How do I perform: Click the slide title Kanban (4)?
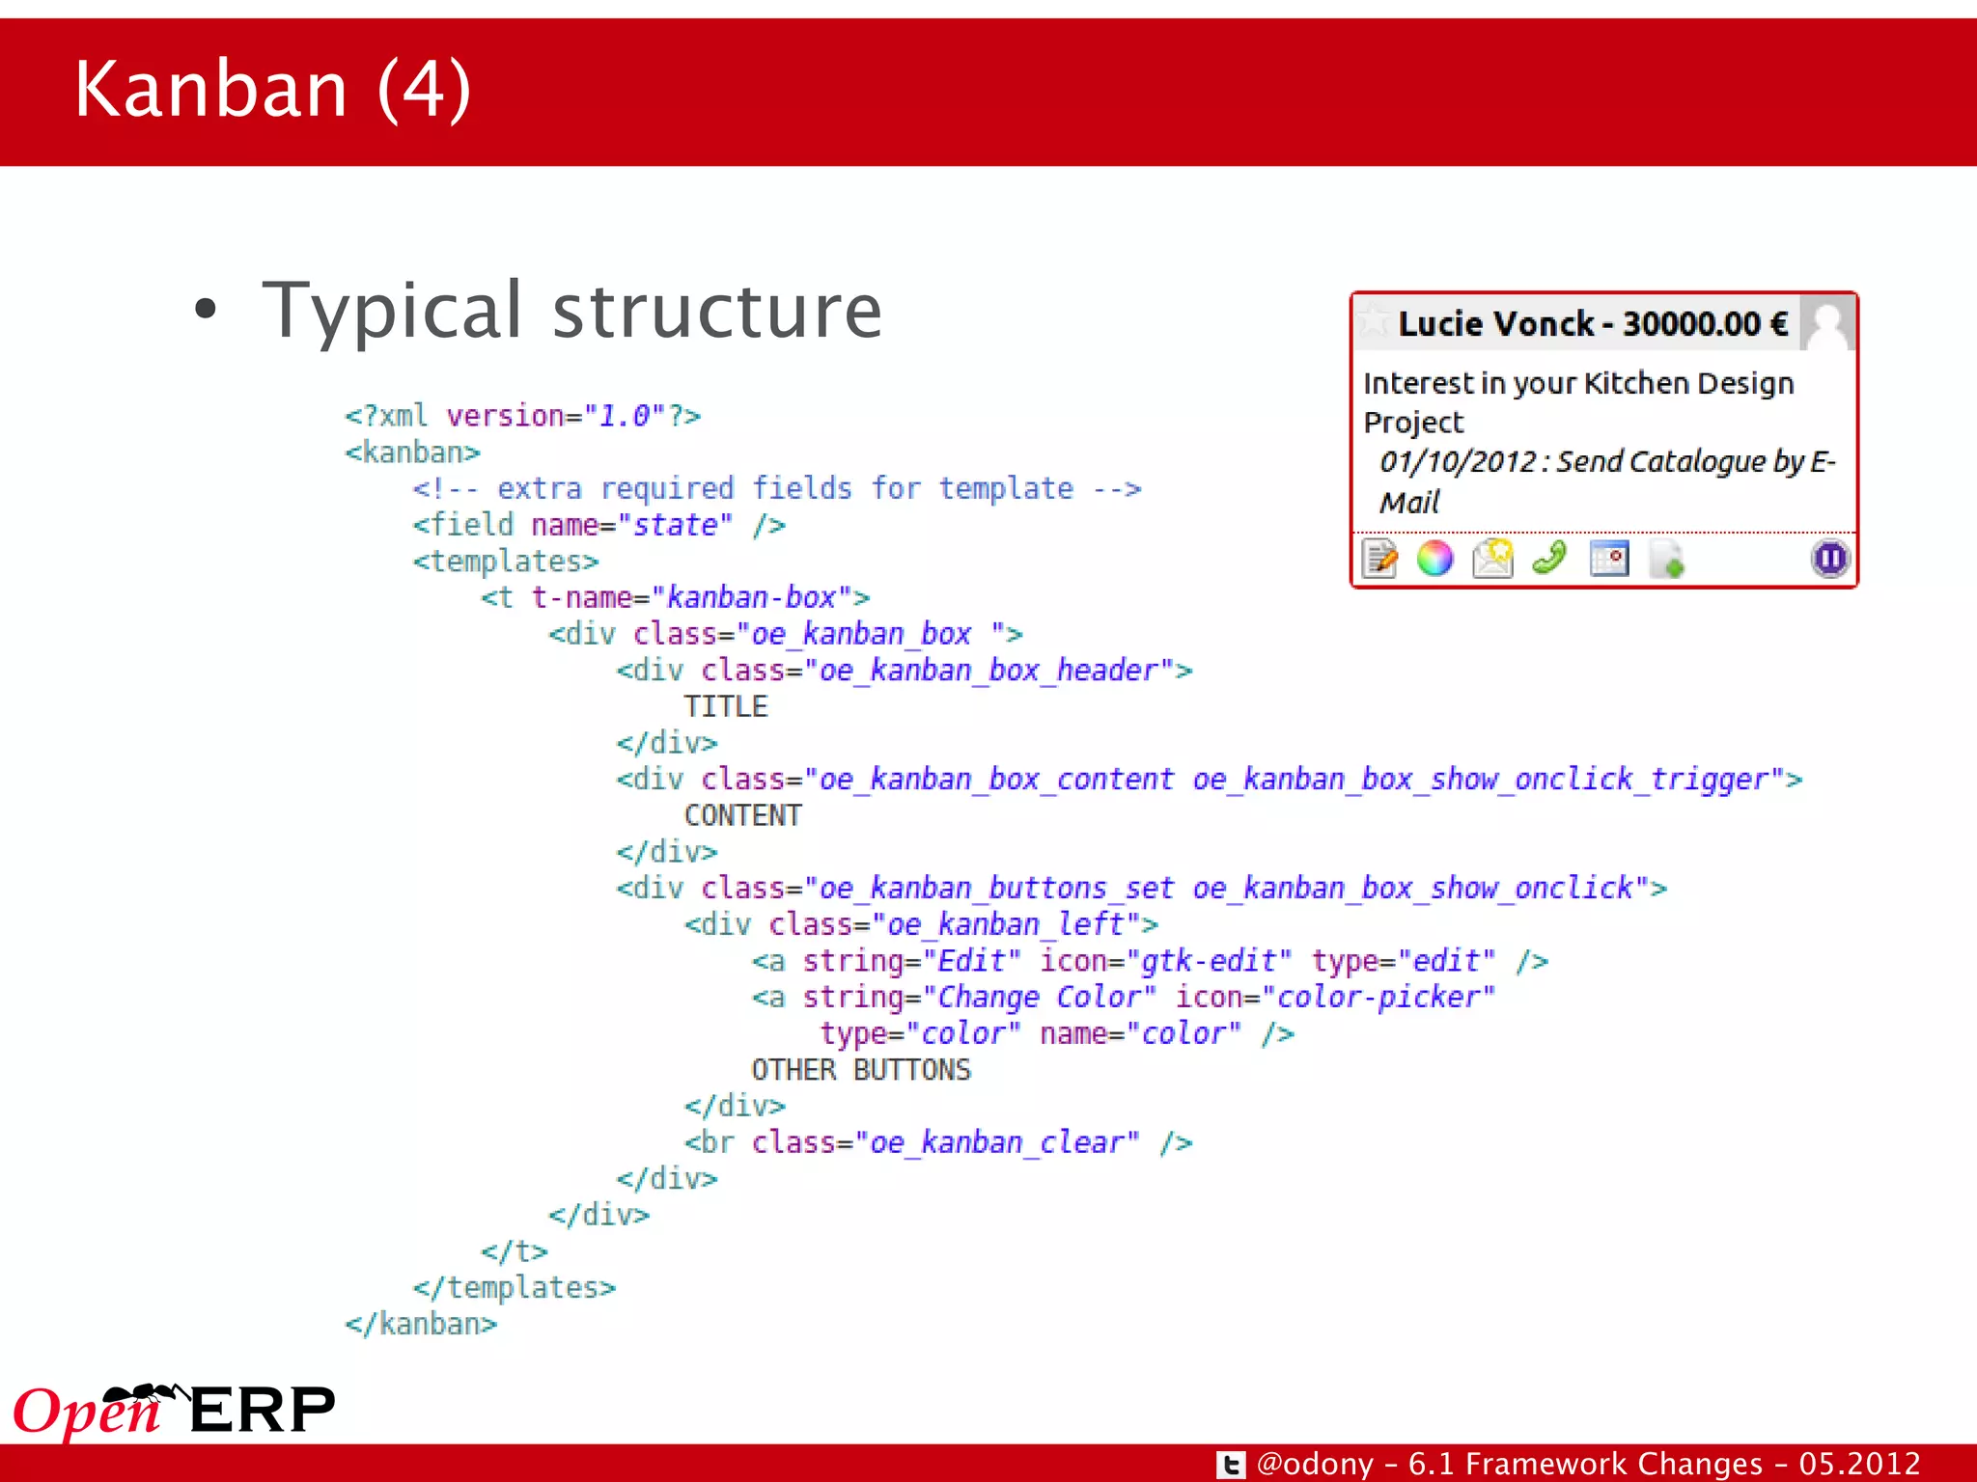272,89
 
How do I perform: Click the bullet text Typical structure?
571,311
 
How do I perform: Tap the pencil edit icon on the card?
1379,559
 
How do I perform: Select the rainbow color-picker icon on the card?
1434,559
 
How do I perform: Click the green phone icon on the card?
1549,558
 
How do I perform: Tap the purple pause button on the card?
1829,559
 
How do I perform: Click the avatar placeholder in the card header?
1828,323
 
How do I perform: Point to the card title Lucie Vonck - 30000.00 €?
1593,324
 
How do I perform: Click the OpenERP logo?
174,1411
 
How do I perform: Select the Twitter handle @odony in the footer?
1315,1464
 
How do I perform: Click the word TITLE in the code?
726,706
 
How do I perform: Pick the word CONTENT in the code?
742,815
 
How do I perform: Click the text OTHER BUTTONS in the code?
861,1069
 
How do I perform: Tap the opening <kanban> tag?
412,452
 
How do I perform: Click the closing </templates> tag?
514,1287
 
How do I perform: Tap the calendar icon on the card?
1609,559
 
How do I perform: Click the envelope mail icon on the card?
1492,559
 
